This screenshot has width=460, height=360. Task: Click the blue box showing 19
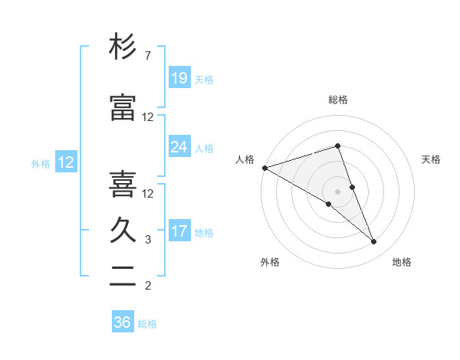[179, 78]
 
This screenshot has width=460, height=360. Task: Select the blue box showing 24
[179, 147]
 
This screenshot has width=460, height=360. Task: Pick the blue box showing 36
[123, 322]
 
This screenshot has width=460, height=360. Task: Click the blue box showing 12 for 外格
[66, 162]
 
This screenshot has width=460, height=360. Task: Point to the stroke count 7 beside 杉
[148, 56]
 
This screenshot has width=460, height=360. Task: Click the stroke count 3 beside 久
[148, 240]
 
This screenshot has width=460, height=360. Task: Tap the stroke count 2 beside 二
[148, 286]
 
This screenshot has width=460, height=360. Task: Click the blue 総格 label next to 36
[147, 324]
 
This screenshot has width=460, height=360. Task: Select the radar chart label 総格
[337, 100]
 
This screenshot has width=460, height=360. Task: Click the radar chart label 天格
[431, 159]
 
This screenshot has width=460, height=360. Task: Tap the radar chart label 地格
[402, 263]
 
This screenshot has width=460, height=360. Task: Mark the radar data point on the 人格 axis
[264, 168]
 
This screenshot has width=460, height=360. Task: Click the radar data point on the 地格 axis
[374, 241]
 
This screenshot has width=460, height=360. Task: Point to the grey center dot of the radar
[337, 191]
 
